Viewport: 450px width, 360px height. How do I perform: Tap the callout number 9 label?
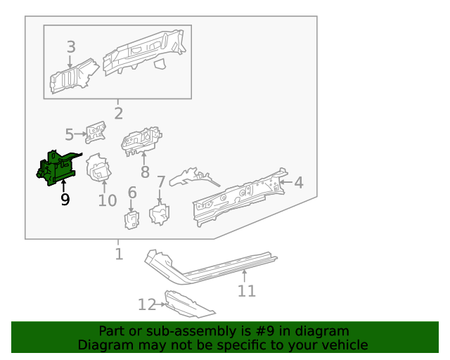[65, 200]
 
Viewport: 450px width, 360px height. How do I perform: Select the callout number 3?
[71, 47]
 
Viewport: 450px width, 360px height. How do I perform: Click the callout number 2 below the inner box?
[118, 113]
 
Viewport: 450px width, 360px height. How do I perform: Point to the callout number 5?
[69, 134]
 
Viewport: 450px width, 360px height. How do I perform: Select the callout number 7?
[160, 183]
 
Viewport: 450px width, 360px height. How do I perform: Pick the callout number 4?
[298, 183]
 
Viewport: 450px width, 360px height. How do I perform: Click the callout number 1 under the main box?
[118, 254]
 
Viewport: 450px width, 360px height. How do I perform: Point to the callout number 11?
[246, 290]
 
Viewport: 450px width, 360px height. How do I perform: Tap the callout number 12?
[146, 304]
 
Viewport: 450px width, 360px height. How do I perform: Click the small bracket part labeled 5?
[95, 131]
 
